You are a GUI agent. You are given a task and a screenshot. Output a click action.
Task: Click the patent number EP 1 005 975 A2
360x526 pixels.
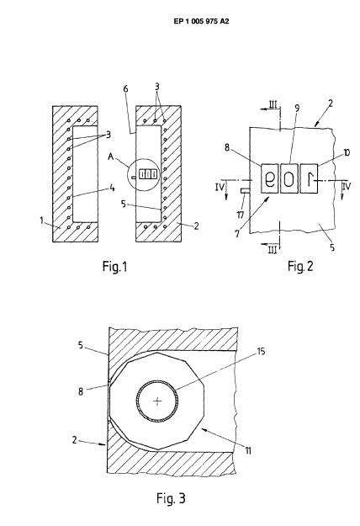(x=202, y=22)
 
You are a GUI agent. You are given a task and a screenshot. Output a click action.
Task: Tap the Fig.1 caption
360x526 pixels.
(x=114, y=267)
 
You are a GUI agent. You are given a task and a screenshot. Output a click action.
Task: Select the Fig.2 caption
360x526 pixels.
(x=300, y=266)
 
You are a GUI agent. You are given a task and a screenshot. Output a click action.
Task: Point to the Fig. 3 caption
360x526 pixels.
(x=171, y=498)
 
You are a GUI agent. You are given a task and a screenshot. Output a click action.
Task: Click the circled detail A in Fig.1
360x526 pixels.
(x=144, y=174)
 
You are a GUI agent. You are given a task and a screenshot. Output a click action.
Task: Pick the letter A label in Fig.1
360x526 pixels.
(x=111, y=157)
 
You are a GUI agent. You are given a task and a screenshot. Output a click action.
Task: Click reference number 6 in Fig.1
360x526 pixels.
(x=125, y=89)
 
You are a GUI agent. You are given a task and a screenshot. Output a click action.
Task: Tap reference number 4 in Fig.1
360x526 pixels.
(x=112, y=189)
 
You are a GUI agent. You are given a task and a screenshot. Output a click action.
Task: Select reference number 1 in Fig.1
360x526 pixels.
(x=41, y=220)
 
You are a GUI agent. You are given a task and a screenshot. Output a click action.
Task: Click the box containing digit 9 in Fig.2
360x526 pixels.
(x=269, y=178)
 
